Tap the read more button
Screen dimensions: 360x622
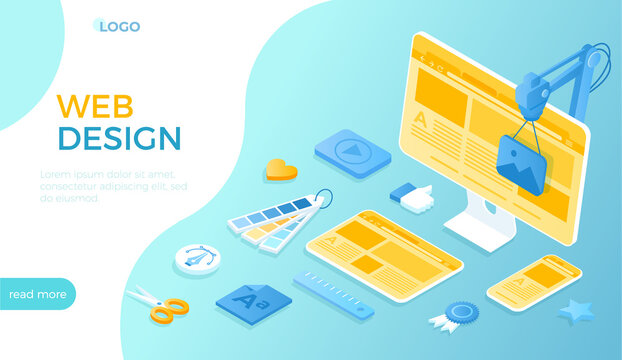[x=37, y=294]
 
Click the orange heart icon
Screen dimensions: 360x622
[x=281, y=170]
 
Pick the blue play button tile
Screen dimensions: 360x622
[x=352, y=153]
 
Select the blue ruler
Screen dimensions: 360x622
[x=333, y=296]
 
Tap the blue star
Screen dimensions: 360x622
[x=577, y=312]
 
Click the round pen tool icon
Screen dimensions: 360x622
[x=197, y=257]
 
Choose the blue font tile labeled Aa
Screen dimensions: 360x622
[x=254, y=300]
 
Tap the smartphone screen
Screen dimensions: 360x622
[x=534, y=280]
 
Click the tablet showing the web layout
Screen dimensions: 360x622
[x=384, y=254]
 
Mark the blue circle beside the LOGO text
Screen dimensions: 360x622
[x=99, y=25]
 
